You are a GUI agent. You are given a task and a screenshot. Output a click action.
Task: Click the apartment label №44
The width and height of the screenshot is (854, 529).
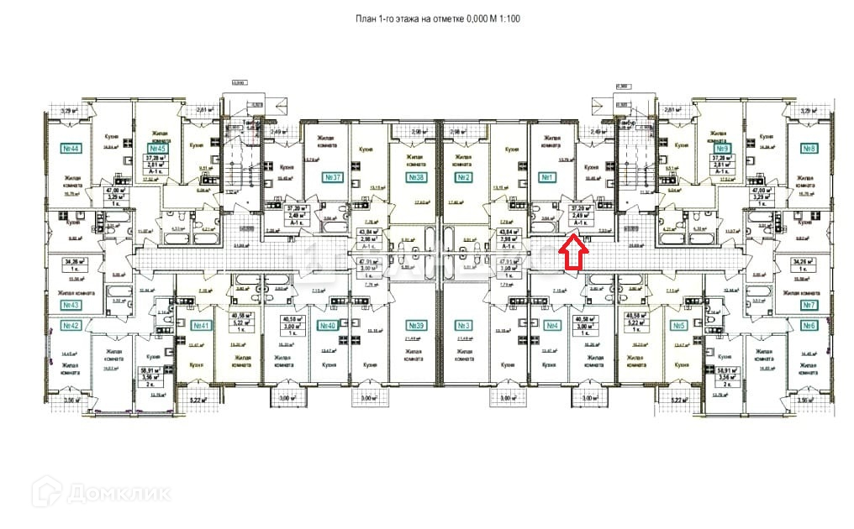click(71, 149)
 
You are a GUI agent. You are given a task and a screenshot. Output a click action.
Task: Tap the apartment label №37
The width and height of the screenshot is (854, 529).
click(333, 178)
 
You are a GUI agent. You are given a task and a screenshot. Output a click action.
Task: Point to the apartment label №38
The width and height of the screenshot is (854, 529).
click(414, 178)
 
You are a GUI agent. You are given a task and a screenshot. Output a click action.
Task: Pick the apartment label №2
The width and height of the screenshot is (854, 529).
click(462, 178)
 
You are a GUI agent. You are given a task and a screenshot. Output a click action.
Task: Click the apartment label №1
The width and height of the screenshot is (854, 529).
click(545, 178)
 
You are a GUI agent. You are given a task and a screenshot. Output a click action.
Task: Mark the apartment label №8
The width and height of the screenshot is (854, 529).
click(809, 149)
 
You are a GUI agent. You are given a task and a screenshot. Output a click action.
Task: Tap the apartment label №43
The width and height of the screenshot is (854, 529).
click(71, 305)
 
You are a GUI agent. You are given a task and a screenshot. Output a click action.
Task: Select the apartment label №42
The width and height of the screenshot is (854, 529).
click(71, 324)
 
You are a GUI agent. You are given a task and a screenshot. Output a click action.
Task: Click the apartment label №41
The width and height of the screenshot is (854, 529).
click(201, 325)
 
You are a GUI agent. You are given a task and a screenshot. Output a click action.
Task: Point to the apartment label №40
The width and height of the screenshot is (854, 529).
click(327, 325)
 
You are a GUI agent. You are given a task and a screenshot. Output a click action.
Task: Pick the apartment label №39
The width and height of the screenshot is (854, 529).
click(414, 325)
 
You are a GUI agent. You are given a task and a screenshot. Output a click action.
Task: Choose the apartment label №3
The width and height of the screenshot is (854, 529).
click(462, 325)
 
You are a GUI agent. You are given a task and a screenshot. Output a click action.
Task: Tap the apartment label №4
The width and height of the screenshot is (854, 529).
click(552, 325)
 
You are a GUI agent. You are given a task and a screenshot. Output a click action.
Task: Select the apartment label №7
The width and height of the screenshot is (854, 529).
click(809, 305)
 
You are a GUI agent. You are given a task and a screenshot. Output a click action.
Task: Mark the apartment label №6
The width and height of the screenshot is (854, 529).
click(809, 324)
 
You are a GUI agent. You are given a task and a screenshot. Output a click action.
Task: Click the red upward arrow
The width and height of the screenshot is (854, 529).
click(573, 252)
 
